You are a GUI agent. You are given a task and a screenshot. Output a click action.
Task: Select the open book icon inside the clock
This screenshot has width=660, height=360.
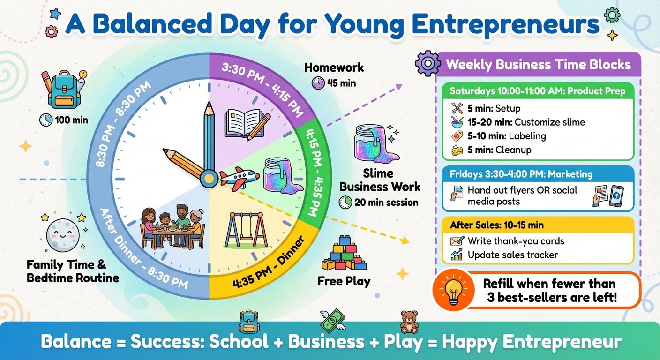243,123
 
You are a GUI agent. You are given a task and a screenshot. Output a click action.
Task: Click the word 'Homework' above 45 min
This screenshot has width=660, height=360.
334,67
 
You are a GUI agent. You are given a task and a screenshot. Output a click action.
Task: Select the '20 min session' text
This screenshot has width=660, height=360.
386,202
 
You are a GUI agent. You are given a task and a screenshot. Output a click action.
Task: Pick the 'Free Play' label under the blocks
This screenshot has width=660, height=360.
344,281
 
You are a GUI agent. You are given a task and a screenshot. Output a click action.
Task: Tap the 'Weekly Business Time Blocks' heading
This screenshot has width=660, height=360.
538,64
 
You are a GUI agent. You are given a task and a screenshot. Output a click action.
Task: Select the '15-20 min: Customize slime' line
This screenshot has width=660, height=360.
526,122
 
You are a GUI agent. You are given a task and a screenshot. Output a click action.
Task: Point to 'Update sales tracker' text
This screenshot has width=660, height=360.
513,255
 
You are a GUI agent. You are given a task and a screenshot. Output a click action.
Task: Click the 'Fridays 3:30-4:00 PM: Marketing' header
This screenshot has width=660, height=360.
521,174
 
